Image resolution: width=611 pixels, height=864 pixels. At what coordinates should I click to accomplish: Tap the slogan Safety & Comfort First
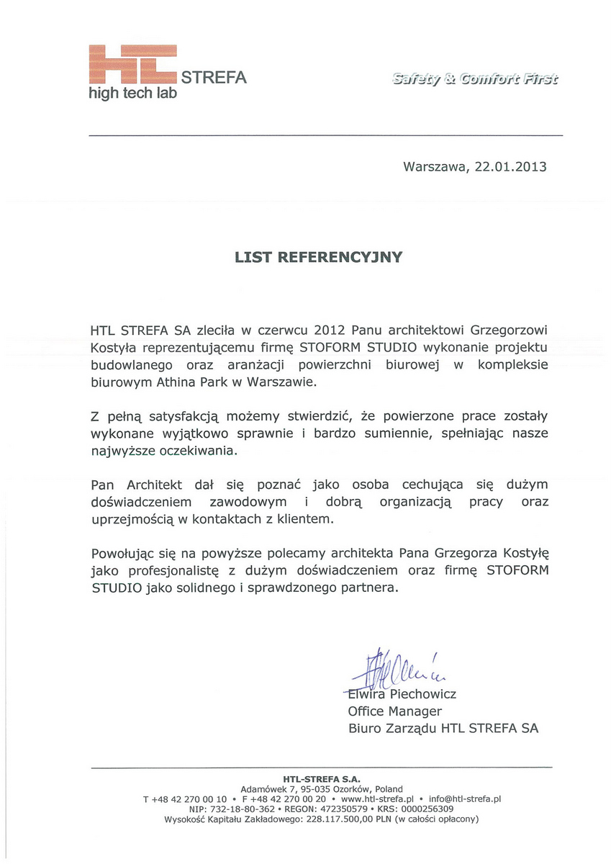pos(475,79)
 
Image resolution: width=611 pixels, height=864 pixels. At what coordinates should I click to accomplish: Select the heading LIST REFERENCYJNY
pos(318,257)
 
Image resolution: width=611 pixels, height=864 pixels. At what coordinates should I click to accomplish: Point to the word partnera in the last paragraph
pos(371,588)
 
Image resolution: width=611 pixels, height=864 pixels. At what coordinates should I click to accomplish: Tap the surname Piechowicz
pos(423,695)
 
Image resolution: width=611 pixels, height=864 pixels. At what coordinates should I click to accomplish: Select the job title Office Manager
pos(395,712)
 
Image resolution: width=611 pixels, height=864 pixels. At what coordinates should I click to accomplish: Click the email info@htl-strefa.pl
pos(464,799)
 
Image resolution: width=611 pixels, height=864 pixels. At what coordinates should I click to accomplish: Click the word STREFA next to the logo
pos(214,78)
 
